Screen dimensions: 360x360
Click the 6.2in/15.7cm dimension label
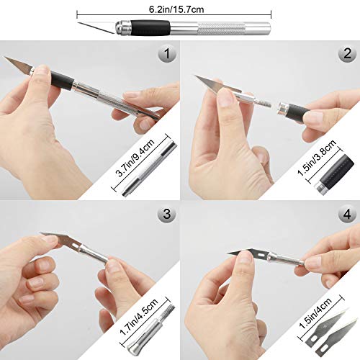pyautogui.click(x=176, y=9)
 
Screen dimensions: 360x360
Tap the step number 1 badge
pyautogui.click(x=167, y=53)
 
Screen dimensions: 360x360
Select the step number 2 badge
pyautogui.click(x=348, y=53)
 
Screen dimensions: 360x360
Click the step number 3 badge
pyautogui.click(x=167, y=214)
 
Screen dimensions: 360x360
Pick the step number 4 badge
pyautogui.click(x=348, y=214)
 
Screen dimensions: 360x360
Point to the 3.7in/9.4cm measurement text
pyautogui.click(x=135, y=158)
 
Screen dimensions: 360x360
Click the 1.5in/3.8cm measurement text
pyautogui.click(x=317, y=158)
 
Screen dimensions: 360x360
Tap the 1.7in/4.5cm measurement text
pyautogui.click(x=139, y=317)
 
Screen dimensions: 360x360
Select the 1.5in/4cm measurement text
pyautogui.click(x=315, y=312)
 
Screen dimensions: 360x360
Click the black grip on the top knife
pyautogui.click(x=150, y=28)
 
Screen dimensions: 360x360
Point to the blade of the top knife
pyautogui.click(x=97, y=27)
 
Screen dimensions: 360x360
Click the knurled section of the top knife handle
pyautogui.click(x=221, y=28)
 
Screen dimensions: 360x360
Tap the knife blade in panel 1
pyautogui.click(x=19, y=64)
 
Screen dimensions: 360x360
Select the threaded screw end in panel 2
pyautogui.click(x=264, y=104)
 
